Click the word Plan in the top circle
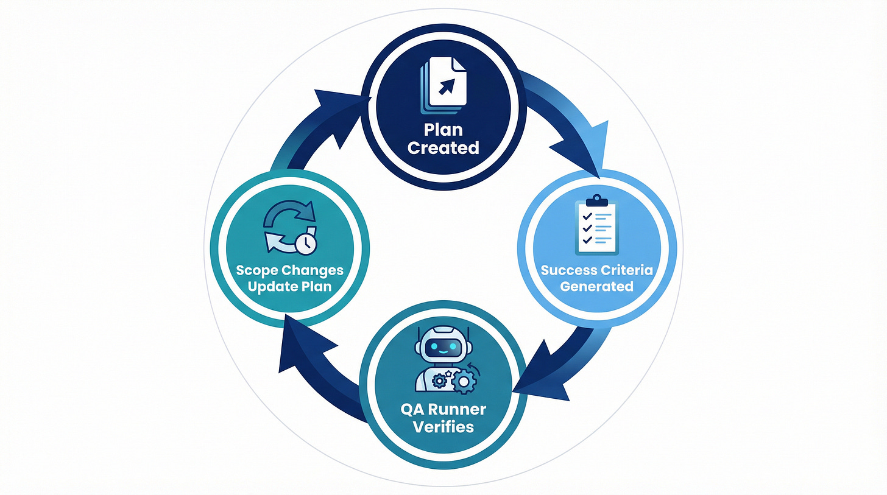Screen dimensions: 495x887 [x=443, y=130]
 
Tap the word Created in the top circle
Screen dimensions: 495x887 [x=443, y=148]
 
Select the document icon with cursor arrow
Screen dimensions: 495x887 [x=444, y=85]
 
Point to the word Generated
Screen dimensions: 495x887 [x=596, y=286]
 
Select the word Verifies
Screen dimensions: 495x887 [x=443, y=426]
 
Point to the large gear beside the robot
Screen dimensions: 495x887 [x=464, y=381]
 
